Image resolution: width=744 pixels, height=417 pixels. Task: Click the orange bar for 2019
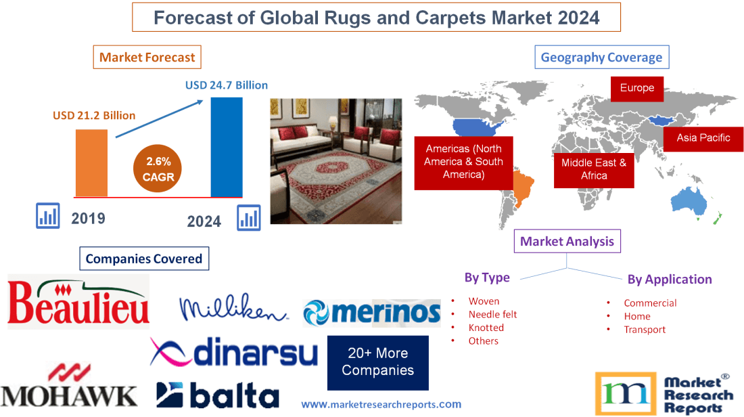[x=91, y=162]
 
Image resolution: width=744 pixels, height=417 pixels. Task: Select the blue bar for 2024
[x=226, y=147]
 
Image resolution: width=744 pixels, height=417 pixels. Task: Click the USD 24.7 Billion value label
[x=227, y=85]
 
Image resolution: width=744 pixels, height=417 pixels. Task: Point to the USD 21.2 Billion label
[x=94, y=116]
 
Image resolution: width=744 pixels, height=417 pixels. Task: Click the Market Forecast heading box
[x=147, y=58]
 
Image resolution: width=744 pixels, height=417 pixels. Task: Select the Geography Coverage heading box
[x=601, y=58]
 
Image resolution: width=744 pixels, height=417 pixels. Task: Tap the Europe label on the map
[x=636, y=88]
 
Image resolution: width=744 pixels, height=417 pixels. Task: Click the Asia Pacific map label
[x=703, y=138]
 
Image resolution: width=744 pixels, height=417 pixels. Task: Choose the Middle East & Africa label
[x=593, y=169]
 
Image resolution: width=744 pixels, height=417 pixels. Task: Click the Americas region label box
[x=463, y=162]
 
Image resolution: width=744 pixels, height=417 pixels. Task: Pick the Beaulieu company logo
[x=78, y=302]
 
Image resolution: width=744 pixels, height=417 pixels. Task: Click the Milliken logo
[x=233, y=309]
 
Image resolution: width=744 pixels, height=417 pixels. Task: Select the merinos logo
[x=371, y=313]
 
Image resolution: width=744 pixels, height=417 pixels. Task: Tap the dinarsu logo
[x=234, y=352]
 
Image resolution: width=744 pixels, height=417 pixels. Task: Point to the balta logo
[x=217, y=395]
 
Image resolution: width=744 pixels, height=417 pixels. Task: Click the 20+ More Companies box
[x=377, y=362]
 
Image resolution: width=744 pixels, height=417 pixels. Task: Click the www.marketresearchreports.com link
[x=381, y=404]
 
